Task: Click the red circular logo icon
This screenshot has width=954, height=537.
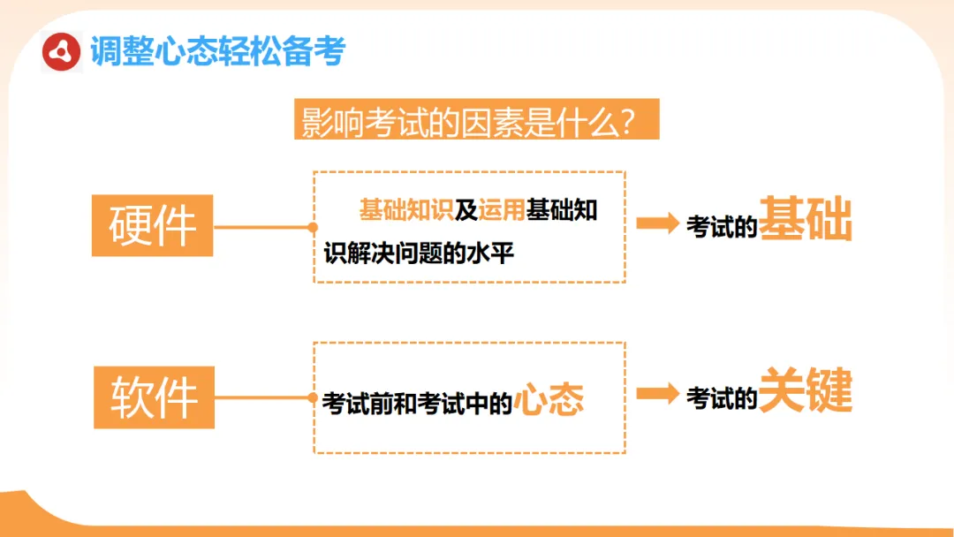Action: [62, 52]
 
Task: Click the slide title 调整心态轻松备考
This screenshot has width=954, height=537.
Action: [217, 52]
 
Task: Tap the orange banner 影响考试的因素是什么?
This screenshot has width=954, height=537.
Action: [477, 120]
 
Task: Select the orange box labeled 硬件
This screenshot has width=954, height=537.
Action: [152, 225]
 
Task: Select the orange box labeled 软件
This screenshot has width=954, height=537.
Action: [154, 397]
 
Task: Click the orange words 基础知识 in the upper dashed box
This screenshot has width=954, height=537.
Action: [406, 210]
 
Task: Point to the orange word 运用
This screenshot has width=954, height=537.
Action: [502, 210]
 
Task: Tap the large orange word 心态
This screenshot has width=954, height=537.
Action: [549, 400]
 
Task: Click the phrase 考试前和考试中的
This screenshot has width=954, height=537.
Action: [417, 403]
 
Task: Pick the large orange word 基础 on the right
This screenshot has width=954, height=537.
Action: [806, 219]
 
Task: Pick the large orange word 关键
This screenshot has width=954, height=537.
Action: [806, 390]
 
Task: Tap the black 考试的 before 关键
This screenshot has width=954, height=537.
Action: [722, 398]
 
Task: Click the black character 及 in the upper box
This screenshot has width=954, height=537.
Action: [466, 210]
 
